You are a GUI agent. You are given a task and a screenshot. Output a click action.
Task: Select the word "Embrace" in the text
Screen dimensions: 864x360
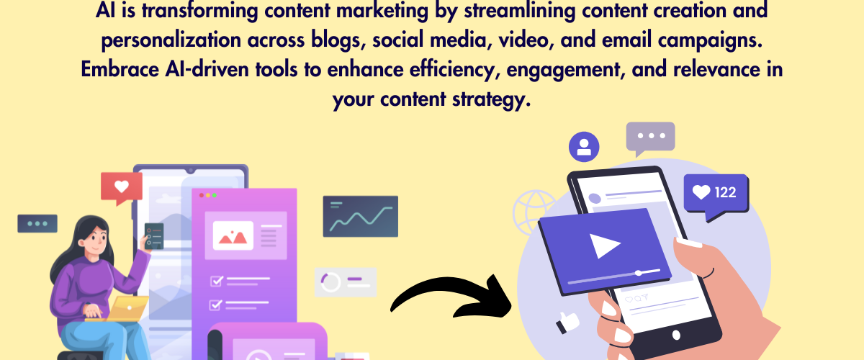point(120,69)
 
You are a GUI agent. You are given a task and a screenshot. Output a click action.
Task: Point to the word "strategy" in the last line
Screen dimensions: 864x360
point(491,99)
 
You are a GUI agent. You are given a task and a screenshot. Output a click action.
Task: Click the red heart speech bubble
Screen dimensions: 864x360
point(122,189)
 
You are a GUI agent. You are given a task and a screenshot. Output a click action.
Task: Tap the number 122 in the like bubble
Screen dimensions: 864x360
point(725,192)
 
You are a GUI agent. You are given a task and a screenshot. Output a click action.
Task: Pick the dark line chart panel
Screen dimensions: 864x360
point(361,217)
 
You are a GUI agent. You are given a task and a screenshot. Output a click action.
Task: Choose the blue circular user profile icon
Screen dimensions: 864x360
point(584,147)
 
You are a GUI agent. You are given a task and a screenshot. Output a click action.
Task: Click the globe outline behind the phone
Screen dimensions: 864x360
point(534,213)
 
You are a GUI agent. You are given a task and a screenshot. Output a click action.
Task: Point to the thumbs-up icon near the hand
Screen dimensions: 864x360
point(567,322)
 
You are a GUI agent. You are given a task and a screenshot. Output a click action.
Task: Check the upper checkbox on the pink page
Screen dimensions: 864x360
point(217,281)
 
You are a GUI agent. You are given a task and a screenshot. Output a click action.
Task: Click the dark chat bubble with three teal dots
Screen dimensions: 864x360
point(37,224)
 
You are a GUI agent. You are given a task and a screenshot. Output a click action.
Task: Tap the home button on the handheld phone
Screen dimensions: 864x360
point(676,335)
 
